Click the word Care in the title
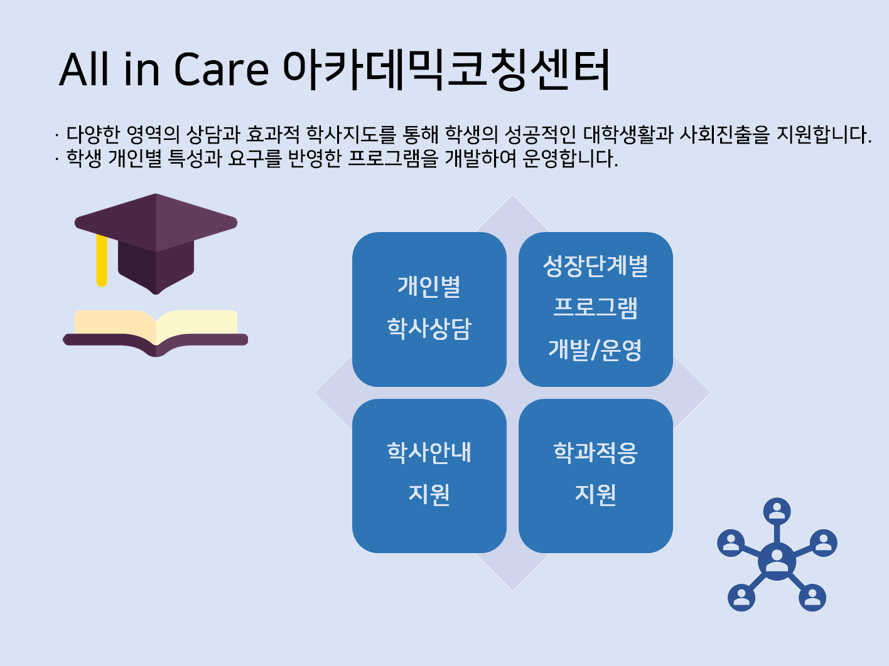click(221, 70)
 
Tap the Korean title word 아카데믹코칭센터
click(446, 69)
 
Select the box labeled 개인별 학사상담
click(429, 309)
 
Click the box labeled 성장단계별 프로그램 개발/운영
click(596, 309)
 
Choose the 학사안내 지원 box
click(429, 476)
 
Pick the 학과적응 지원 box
click(596, 476)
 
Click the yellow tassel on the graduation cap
click(102, 260)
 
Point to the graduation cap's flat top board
click(156, 223)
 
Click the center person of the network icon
click(777, 561)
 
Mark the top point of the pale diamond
click(512, 195)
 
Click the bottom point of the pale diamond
click(512, 590)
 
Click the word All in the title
click(84, 70)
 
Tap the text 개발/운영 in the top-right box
click(595, 350)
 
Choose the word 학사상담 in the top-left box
click(429, 328)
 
